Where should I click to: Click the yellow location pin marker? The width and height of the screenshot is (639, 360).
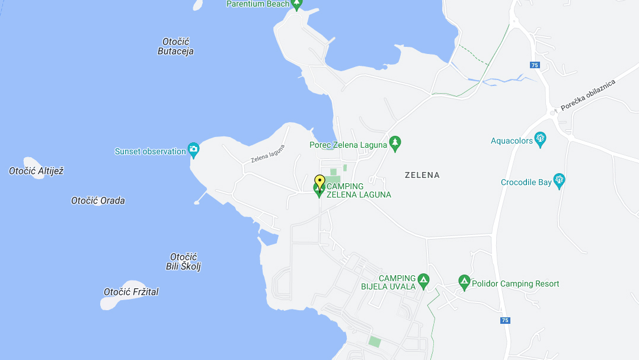coord(319,181)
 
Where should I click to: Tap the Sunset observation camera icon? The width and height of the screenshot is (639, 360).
coord(193,149)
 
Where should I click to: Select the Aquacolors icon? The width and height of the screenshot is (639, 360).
coord(540,139)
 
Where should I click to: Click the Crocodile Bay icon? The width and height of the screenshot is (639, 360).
coord(558,180)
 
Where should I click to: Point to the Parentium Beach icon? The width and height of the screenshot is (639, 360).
coord(297,4)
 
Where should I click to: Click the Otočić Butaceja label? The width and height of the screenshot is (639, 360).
coord(175,46)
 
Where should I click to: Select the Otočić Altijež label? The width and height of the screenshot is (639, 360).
coord(36,171)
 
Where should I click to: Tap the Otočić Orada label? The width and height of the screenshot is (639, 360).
coord(98,200)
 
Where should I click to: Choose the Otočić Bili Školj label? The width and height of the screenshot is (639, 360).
coord(183,262)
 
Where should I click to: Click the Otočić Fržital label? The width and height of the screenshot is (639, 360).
coord(131,292)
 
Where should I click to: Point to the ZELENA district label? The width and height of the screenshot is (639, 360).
coord(422,175)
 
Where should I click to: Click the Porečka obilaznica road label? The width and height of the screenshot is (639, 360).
coord(588,94)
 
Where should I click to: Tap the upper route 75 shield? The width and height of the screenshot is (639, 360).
coord(535,65)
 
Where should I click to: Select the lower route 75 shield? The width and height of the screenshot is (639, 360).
coord(504,320)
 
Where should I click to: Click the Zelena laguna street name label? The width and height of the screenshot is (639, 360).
coord(268,154)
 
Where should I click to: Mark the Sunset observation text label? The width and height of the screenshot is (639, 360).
coord(151,151)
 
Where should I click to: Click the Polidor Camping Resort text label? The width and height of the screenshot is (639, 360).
coord(515,283)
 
